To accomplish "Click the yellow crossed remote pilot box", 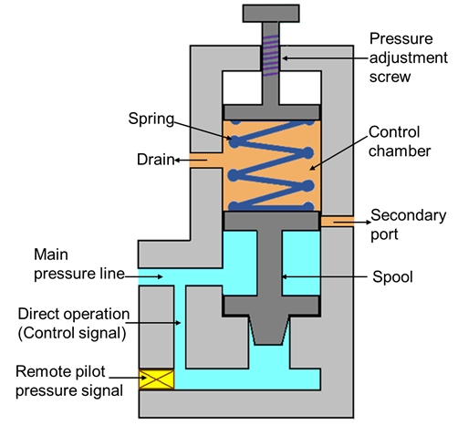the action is click(x=157, y=379).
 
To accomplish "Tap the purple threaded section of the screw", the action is click(x=270, y=55).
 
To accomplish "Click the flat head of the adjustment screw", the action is click(x=271, y=14).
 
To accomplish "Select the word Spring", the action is click(x=151, y=119).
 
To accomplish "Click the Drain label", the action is click(x=155, y=160).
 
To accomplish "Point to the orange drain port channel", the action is click(x=206, y=161).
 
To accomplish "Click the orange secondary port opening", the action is click(x=338, y=222).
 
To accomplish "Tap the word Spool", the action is click(x=392, y=277).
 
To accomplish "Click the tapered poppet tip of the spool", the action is click(x=269, y=331).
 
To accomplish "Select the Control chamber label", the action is click(x=400, y=141).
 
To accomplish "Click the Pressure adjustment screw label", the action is click(x=408, y=57).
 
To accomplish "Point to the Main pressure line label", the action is click(x=79, y=264).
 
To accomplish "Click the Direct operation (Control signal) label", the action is click(x=74, y=323).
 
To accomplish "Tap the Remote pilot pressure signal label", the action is click(x=69, y=381).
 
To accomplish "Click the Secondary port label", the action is click(x=408, y=224).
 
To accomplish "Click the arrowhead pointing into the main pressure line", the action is click(x=160, y=276).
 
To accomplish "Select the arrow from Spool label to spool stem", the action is click(x=325, y=276).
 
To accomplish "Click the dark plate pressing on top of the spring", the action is click(x=272, y=112).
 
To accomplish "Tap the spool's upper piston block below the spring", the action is click(x=271, y=221).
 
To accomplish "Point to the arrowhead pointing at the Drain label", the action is click(x=177, y=160).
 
